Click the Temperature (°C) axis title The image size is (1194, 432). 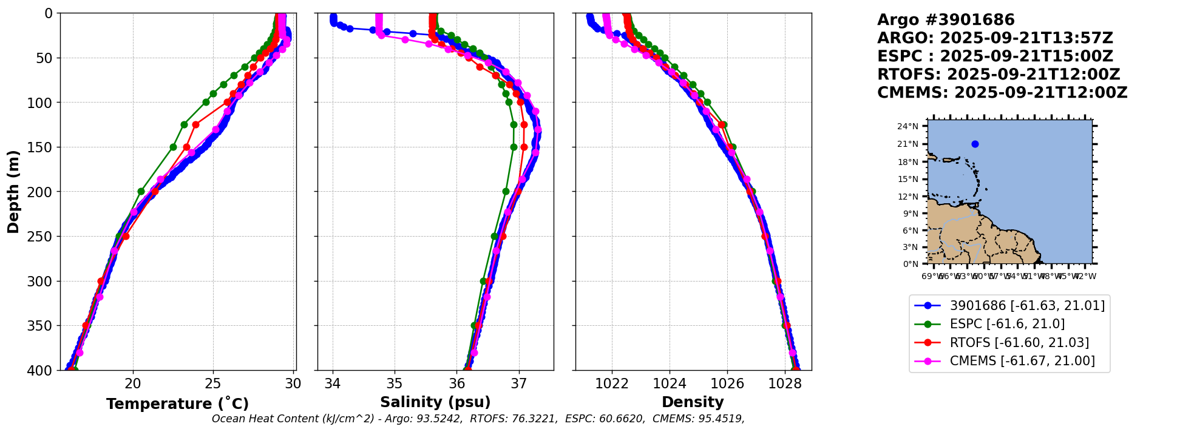(177, 404)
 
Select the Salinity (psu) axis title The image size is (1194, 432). (435, 402)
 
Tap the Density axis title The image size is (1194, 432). (693, 402)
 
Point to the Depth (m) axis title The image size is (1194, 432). (13, 192)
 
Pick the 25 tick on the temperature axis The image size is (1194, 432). (213, 383)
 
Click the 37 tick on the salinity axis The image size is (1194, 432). (518, 383)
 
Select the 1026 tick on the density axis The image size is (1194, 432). (727, 383)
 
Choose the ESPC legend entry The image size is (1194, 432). (1007, 324)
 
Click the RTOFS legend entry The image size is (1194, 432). (1019, 343)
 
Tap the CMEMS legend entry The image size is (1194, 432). (1022, 361)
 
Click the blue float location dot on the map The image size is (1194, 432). (975, 144)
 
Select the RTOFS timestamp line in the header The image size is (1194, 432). (999, 75)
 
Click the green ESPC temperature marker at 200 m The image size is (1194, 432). (141, 191)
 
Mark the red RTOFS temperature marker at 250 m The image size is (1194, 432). (126, 236)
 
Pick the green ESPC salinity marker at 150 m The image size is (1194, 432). (514, 147)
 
